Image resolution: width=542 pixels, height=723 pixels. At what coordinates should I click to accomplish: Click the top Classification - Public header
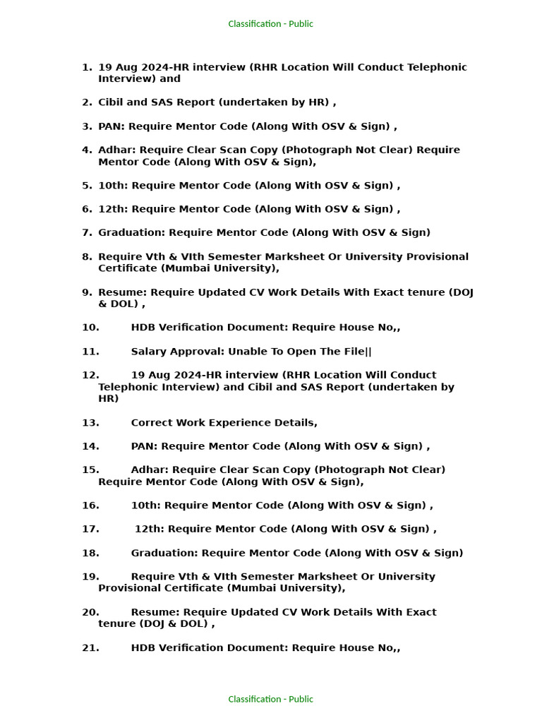(x=270, y=24)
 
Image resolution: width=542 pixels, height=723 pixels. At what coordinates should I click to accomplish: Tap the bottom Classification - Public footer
(x=270, y=699)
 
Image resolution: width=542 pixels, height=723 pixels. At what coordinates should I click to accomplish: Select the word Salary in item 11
(x=149, y=352)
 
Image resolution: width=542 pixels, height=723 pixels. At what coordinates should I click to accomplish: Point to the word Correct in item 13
(x=152, y=423)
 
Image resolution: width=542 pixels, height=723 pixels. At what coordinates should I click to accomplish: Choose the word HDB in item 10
(x=143, y=328)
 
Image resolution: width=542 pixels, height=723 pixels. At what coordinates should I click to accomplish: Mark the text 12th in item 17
(x=148, y=529)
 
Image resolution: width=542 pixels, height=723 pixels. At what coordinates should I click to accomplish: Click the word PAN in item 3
(x=110, y=126)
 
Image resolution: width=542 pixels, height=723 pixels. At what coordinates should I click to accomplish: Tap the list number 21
(x=90, y=647)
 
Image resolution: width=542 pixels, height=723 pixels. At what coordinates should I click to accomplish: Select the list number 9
(x=87, y=292)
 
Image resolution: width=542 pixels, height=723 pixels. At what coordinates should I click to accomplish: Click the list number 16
(x=90, y=506)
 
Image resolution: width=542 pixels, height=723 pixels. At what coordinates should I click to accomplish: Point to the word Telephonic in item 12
(x=127, y=387)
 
